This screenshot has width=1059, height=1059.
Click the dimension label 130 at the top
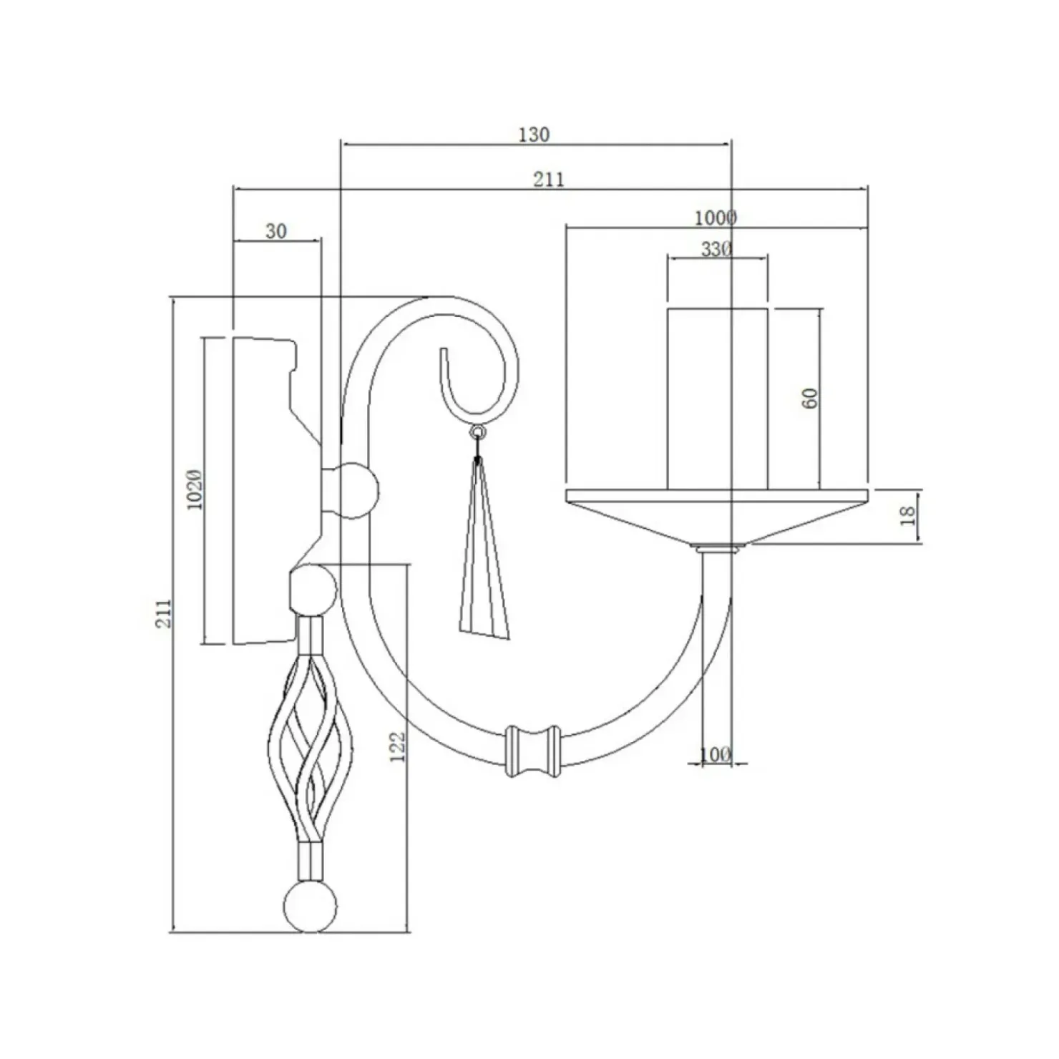coord(534,134)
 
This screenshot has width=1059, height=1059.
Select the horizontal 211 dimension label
coord(548,179)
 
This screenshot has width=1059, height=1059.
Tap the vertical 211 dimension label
coord(165,613)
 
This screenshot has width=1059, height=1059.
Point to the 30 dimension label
coord(276,230)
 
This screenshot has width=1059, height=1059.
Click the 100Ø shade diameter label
coord(716,217)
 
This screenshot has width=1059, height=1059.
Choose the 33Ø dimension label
coord(716,249)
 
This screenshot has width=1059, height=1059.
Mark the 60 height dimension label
coord(810,399)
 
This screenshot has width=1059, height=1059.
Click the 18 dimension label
coord(907,515)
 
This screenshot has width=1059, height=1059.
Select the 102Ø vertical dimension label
coord(195,490)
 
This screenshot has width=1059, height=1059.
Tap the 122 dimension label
coord(398,746)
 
